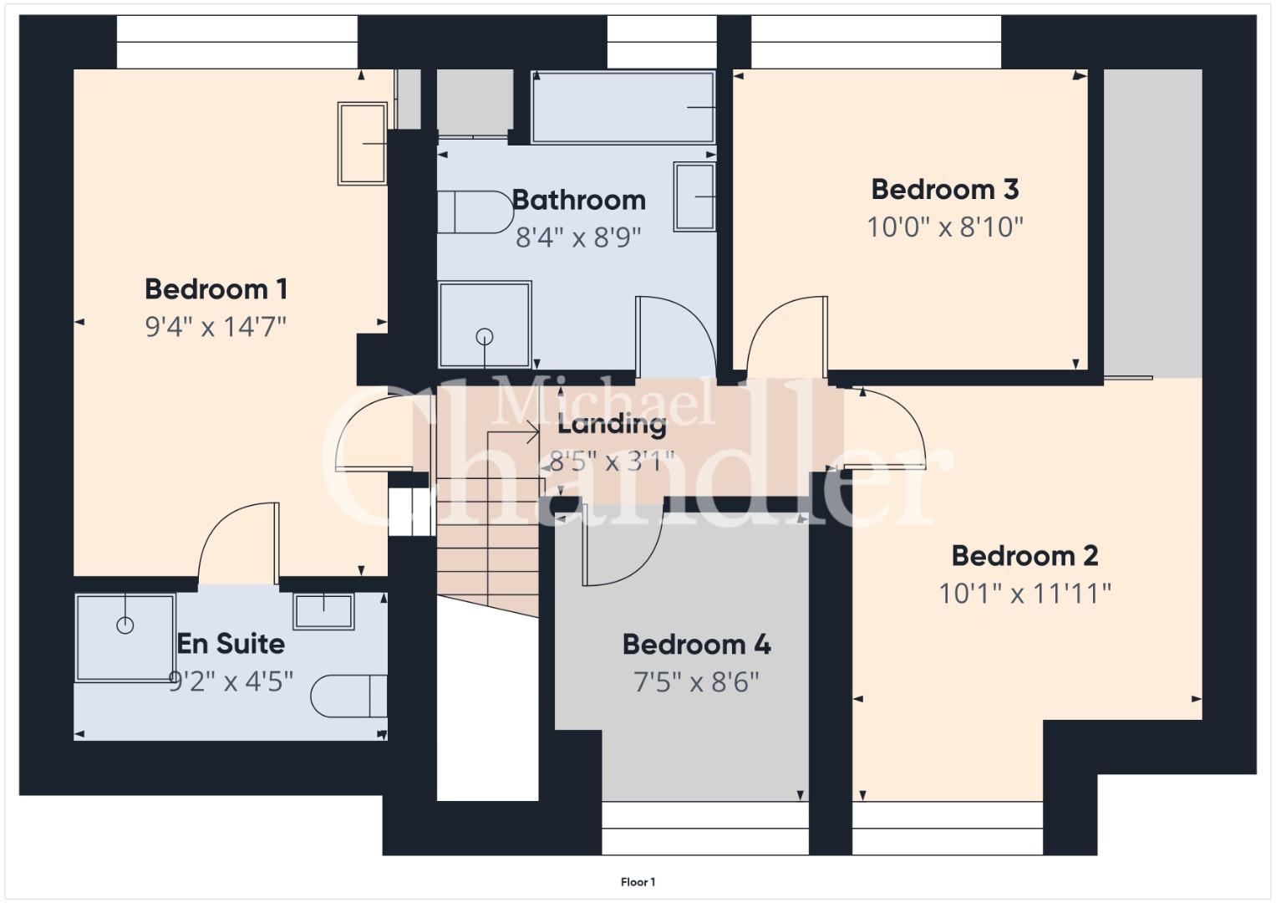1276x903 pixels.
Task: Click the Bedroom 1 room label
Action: pyautogui.click(x=216, y=289)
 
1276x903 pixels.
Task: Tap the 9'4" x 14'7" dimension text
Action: pyautogui.click(x=216, y=327)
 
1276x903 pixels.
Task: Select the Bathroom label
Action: pyautogui.click(x=579, y=200)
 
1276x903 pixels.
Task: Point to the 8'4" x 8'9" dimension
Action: pyautogui.click(x=579, y=237)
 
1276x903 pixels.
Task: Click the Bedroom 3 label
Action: pyautogui.click(x=945, y=189)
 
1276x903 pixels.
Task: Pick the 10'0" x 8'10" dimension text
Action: pyautogui.click(x=945, y=227)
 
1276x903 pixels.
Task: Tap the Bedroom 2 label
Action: pyautogui.click(x=1024, y=556)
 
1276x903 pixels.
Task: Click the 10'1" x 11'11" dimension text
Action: pyautogui.click(x=1024, y=594)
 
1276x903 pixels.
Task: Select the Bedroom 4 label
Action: pyautogui.click(x=696, y=644)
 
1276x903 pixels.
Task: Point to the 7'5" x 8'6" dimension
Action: pyautogui.click(x=696, y=681)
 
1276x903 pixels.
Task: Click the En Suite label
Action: pyautogui.click(x=231, y=644)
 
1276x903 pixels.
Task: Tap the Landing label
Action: pyautogui.click(x=612, y=425)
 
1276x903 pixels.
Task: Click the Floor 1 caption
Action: pyautogui.click(x=638, y=882)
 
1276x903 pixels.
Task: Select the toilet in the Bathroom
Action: pyautogui.click(x=475, y=212)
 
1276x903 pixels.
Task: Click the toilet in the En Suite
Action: pyautogui.click(x=349, y=696)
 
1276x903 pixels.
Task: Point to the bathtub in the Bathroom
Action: pyautogui.click(x=623, y=107)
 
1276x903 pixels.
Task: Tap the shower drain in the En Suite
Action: pyautogui.click(x=125, y=625)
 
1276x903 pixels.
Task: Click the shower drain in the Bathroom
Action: pyautogui.click(x=485, y=337)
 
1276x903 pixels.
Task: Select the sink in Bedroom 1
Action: pyautogui.click(x=363, y=144)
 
